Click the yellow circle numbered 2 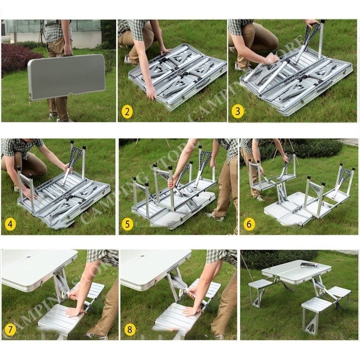127,112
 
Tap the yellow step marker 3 238,112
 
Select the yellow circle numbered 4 10,224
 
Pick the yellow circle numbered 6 249,224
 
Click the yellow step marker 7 10,330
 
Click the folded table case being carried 66,76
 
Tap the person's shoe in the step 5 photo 214,216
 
